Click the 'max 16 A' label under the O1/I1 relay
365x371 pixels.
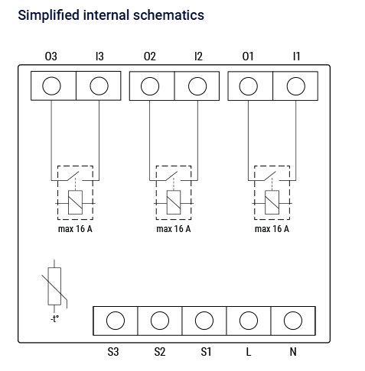272,229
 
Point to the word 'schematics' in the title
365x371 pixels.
168,15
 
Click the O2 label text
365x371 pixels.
150,56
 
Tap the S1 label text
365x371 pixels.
206,352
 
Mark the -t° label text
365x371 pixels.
54,318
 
